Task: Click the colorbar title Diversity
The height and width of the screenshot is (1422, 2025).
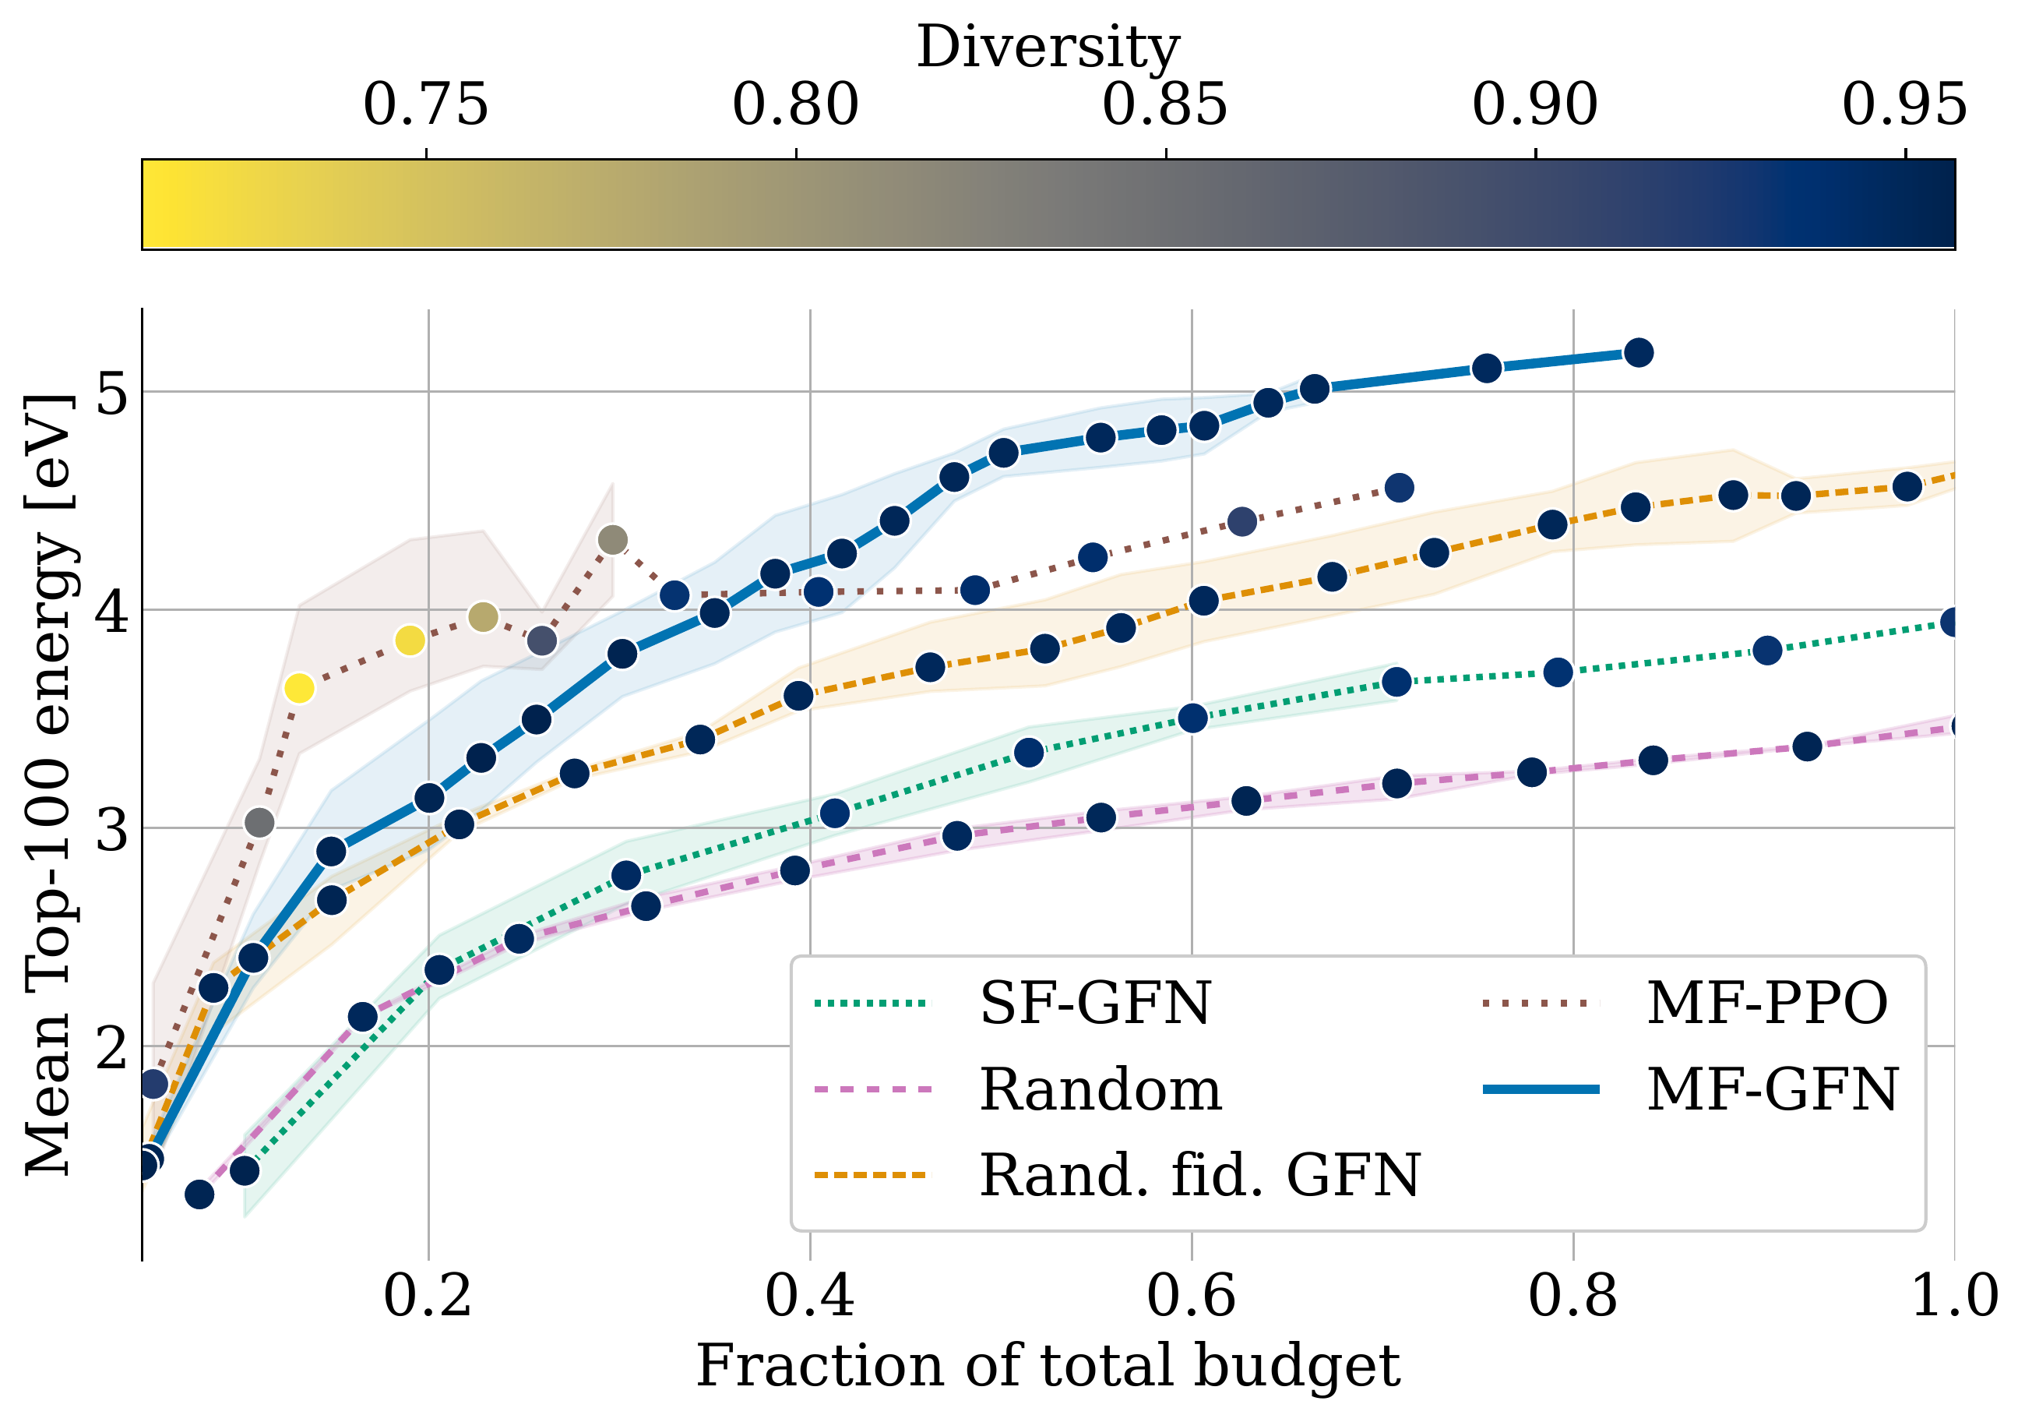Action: point(1048,46)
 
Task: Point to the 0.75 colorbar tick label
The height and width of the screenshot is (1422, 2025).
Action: point(426,105)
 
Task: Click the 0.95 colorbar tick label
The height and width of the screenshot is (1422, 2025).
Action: point(1904,105)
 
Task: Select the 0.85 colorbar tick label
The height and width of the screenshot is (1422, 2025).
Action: point(1165,105)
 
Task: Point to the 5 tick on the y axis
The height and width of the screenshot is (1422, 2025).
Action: point(112,392)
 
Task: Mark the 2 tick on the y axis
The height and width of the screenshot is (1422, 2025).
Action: point(112,1046)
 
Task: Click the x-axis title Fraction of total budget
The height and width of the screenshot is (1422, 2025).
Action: point(1048,1367)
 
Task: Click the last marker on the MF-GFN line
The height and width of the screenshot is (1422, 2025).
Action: point(1639,353)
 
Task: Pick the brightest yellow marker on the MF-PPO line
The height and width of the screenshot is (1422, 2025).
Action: point(300,688)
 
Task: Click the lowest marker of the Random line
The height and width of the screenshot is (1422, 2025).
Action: point(199,1194)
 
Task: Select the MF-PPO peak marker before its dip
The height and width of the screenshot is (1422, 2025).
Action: point(613,540)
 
